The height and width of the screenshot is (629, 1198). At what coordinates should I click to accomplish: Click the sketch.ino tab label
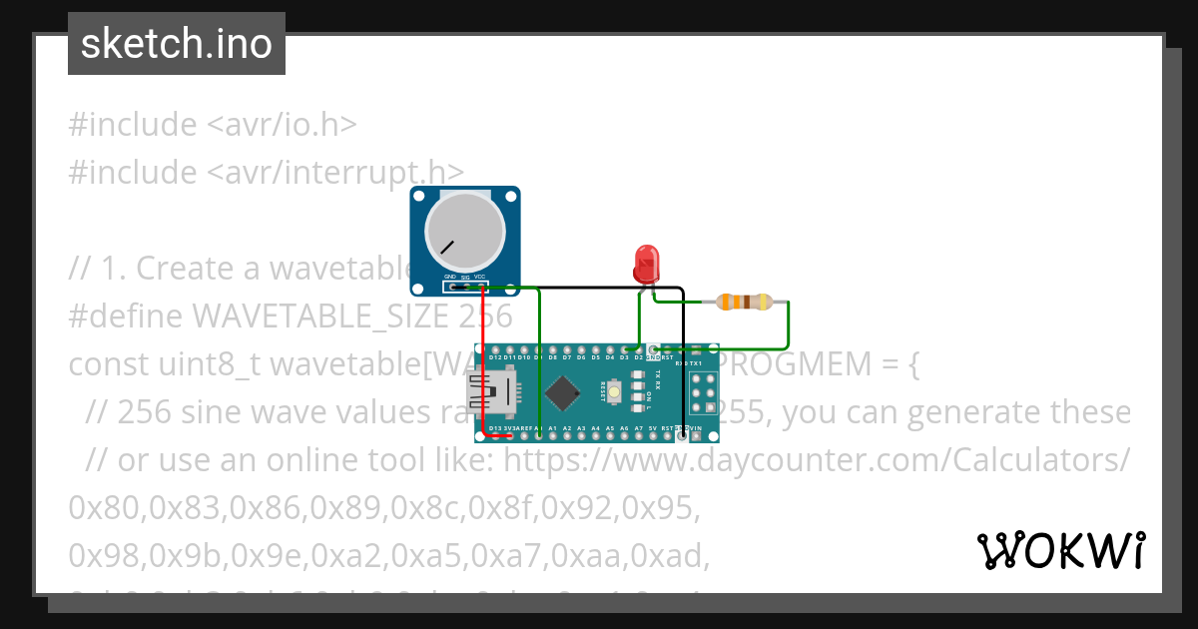pyautogui.click(x=176, y=44)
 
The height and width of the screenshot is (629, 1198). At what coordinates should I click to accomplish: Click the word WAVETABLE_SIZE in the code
pyautogui.click(x=320, y=316)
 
